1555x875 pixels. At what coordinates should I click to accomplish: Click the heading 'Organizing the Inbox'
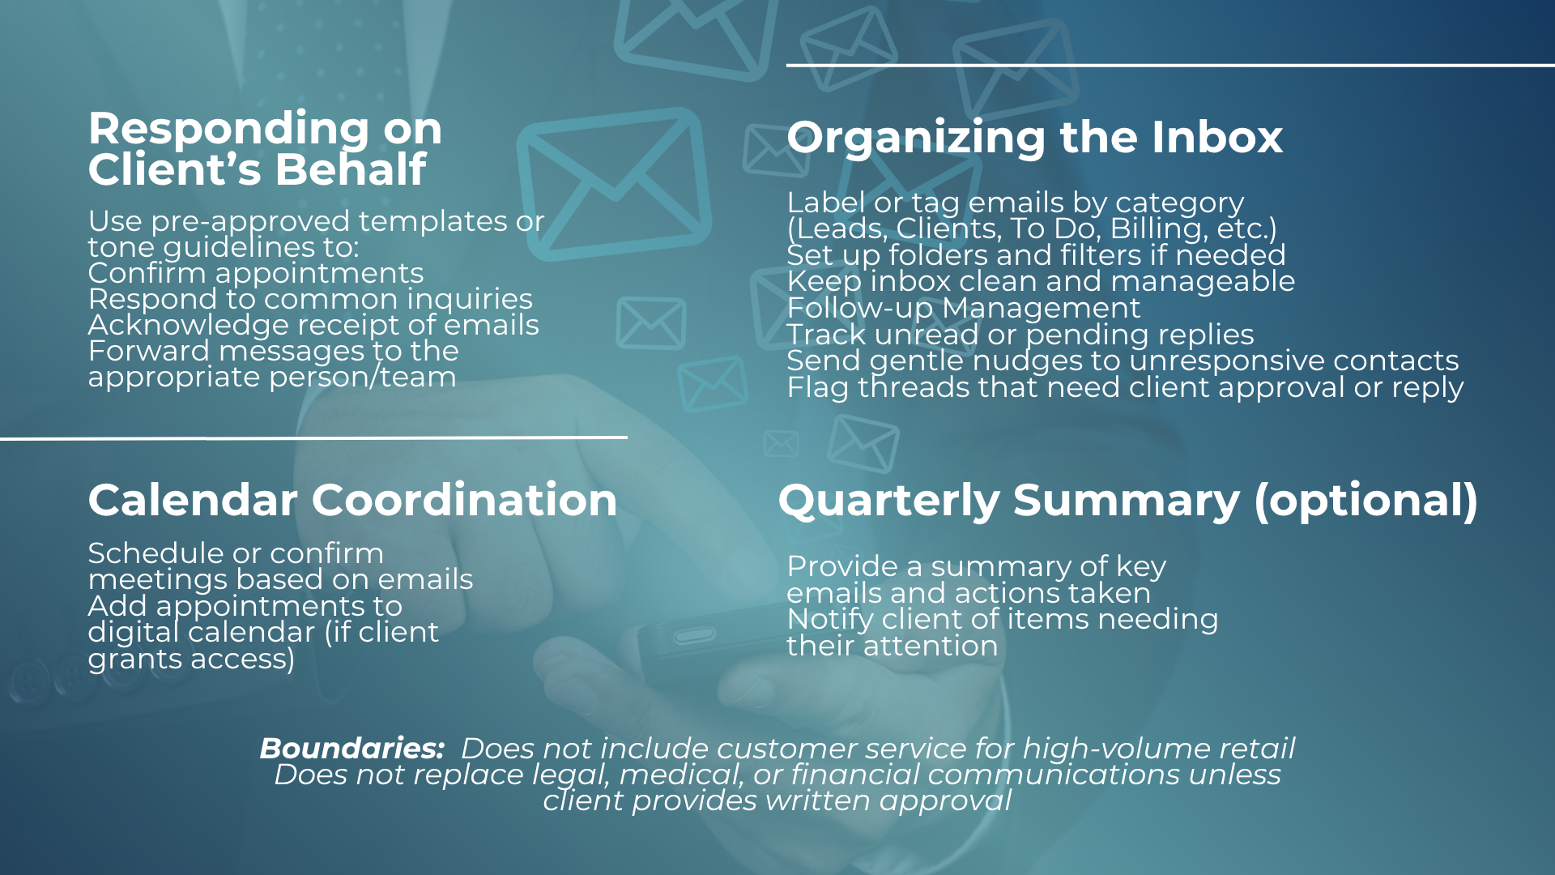point(1034,138)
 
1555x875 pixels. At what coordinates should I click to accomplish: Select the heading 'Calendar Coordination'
point(352,500)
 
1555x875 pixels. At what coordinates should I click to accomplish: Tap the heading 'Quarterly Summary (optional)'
point(1128,501)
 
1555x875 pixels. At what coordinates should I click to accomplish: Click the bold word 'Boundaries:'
point(352,749)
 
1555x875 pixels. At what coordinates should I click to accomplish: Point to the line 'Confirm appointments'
point(256,274)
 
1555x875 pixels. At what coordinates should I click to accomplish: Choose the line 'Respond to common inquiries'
point(310,300)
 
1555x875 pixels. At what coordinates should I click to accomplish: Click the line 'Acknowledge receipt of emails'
point(313,325)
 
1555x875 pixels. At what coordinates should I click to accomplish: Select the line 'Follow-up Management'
point(964,308)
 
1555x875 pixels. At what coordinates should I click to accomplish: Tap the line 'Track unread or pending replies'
point(1020,335)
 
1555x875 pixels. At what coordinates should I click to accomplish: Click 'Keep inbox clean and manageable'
point(1041,281)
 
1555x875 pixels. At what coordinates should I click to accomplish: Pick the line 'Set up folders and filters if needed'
point(1036,255)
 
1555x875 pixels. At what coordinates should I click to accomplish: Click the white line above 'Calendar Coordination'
point(313,438)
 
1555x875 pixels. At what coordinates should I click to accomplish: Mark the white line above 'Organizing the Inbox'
point(1170,65)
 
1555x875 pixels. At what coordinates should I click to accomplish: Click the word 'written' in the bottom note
point(818,800)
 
